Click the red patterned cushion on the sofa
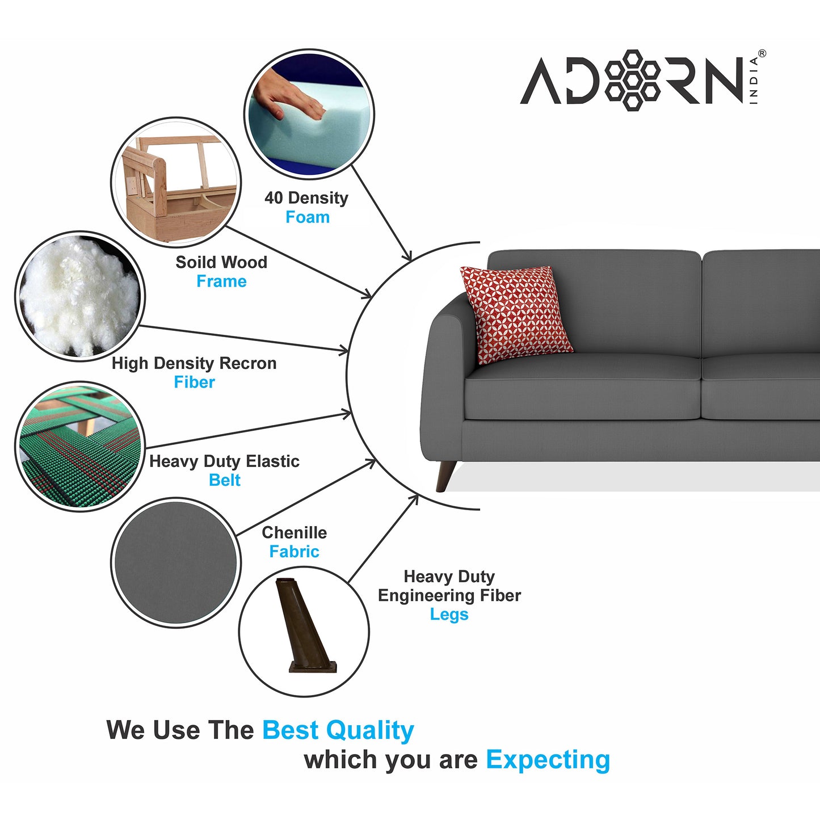(516, 314)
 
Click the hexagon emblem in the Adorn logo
(632, 80)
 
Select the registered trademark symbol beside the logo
(762, 53)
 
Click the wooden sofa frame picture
(176, 182)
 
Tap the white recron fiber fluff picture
(80, 296)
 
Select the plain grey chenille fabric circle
(176, 562)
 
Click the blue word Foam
(308, 217)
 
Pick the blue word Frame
(222, 281)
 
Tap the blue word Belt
(225, 480)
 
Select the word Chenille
(295, 532)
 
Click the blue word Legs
(449, 615)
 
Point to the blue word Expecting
(548, 760)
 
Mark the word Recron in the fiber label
(248, 363)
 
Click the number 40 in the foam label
(274, 198)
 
